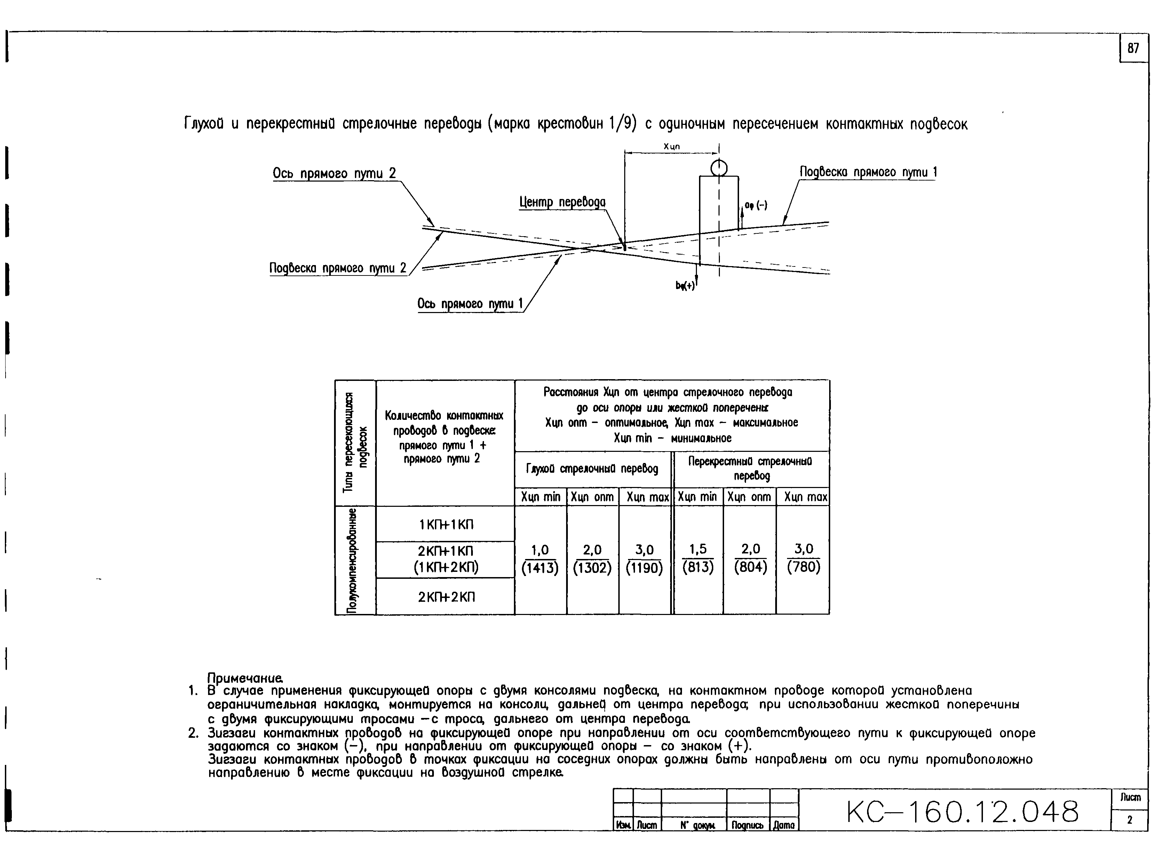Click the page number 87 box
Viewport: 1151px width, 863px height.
tap(1133, 48)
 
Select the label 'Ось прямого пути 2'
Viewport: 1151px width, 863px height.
tap(334, 173)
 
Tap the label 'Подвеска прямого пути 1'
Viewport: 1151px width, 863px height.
tap(867, 172)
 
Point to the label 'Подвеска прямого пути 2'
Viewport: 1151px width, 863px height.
tap(338, 268)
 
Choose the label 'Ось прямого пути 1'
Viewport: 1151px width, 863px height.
tap(469, 303)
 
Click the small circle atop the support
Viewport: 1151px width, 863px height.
tap(719, 168)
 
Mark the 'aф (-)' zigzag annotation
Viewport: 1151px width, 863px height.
tap(755, 206)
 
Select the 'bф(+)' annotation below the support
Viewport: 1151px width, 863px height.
tap(685, 286)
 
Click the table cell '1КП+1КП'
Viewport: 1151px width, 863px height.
tap(446, 524)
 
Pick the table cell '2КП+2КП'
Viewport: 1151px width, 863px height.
tap(446, 597)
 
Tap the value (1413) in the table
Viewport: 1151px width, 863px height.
tap(540, 568)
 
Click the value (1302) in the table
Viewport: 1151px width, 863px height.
tap(592, 568)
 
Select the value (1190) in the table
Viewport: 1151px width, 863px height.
tap(644, 568)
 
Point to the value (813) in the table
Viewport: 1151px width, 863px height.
tap(698, 567)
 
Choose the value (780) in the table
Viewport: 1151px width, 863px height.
tap(803, 567)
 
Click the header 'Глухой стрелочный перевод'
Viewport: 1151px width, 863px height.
tap(592, 469)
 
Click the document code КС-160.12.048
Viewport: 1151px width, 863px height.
tap(963, 812)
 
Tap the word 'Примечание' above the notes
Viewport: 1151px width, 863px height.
tap(245, 678)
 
